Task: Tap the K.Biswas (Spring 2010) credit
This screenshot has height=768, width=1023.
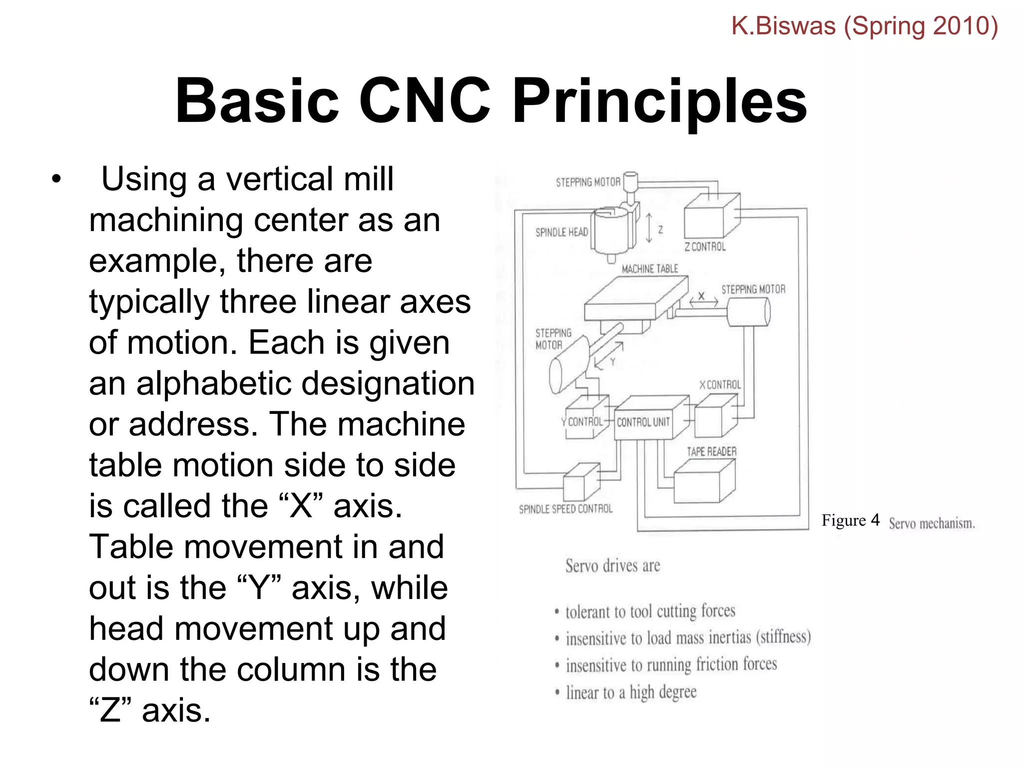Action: tap(864, 26)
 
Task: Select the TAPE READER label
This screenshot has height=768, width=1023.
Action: tap(711, 452)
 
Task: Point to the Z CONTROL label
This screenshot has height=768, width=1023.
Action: tap(705, 246)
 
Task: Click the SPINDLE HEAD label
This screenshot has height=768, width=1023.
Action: tap(561, 232)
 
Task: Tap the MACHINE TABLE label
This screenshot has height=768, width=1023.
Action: tap(650, 269)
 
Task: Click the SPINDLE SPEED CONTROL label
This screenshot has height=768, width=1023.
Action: tap(565, 509)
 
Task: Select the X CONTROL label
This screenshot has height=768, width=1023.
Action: tap(720, 384)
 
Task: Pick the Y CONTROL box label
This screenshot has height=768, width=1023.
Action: tap(583, 422)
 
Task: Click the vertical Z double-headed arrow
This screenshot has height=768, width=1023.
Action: tap(649, 228)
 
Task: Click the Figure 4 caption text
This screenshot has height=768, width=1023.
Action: tap(850, 520)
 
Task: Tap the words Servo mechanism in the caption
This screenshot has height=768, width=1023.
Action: tap(932, 523)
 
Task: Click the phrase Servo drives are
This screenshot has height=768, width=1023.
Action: tap(612, 566)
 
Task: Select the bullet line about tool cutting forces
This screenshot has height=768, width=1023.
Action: tap(650, 611)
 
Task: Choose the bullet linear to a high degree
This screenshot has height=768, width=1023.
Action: tap(631, 692)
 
